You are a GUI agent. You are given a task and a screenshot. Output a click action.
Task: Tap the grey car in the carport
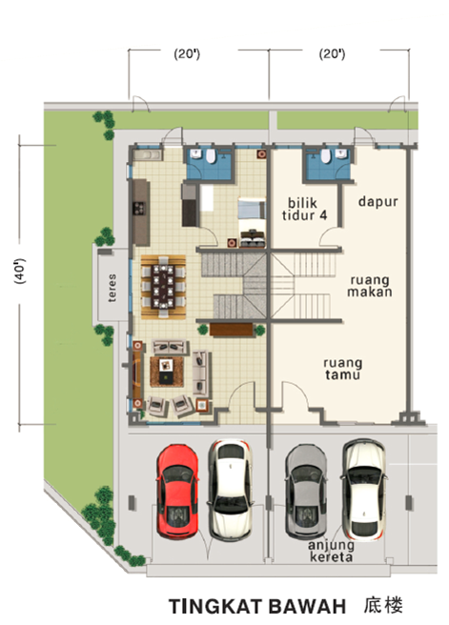click(x=306, y=491)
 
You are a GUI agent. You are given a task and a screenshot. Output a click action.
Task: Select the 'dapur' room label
click(x=378, y=201)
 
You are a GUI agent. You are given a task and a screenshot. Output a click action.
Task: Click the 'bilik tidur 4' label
click(x=305, y=210)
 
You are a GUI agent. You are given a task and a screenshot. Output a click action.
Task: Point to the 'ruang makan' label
click(x=369, y=286)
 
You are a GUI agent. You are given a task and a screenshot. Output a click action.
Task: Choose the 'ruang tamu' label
click(x=343, y=369)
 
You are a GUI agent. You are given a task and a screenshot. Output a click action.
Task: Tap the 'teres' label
click(x=112, y=288)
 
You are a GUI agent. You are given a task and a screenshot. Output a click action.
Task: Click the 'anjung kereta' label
click(x=331, y=552)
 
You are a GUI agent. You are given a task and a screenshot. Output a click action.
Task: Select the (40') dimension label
click(x=19, y=271)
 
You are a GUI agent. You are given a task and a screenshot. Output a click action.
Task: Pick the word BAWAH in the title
click(x=308, y=607)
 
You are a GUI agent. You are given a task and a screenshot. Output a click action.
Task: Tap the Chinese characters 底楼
click(x=383, y=605)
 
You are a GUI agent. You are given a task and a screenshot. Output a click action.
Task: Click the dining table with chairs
click(x=164, y=287)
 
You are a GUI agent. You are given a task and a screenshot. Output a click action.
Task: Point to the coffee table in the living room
click(x=166, y=371)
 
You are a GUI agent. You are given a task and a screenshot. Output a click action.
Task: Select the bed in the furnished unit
click(x=252, y=222)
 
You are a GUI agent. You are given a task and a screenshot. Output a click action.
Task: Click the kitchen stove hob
click(x=139, y=208)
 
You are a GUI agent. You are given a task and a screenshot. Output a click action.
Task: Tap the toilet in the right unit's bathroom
click(x=326, y=156)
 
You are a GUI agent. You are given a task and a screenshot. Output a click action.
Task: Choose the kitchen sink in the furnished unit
click(x=147, y=154)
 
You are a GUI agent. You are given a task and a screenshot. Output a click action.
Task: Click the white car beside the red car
click(x=231, y=489)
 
